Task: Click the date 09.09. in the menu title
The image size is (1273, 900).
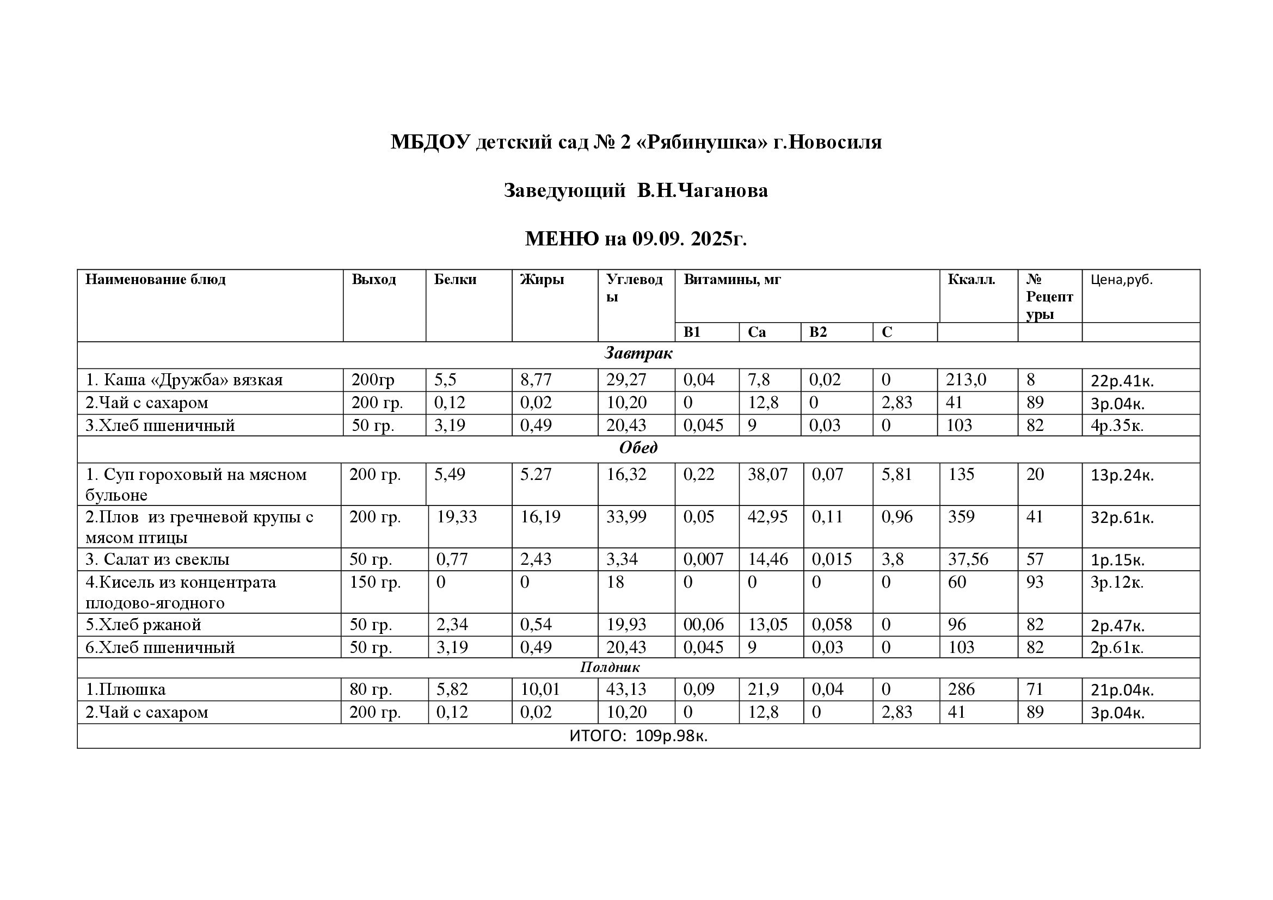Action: pos(658,239)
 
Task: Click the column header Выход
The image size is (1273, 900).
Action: pos(374,279)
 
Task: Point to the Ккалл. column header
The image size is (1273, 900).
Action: pos(971,279)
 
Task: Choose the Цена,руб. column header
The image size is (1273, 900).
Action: pos(1121,280)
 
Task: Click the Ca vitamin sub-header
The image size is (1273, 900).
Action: pos(757,332)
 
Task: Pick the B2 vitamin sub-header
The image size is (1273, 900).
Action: pos(818,332)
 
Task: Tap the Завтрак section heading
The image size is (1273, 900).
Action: pos(638,354)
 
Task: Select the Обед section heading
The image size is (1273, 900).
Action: pos(638,448)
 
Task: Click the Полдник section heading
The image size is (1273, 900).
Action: pos(610,667)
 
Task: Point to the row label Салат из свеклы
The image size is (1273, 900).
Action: pos(157,559)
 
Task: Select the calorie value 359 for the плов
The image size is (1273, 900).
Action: pos(961,517)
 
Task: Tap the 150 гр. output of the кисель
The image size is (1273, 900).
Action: pos(375,582)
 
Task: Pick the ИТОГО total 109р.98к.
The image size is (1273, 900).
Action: pos(672,736)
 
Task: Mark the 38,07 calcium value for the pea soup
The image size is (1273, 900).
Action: pos(767,474)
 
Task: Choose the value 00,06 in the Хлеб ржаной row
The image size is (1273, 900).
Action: pos(704,625)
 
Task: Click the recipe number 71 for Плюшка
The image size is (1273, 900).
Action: pos(1035,689)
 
